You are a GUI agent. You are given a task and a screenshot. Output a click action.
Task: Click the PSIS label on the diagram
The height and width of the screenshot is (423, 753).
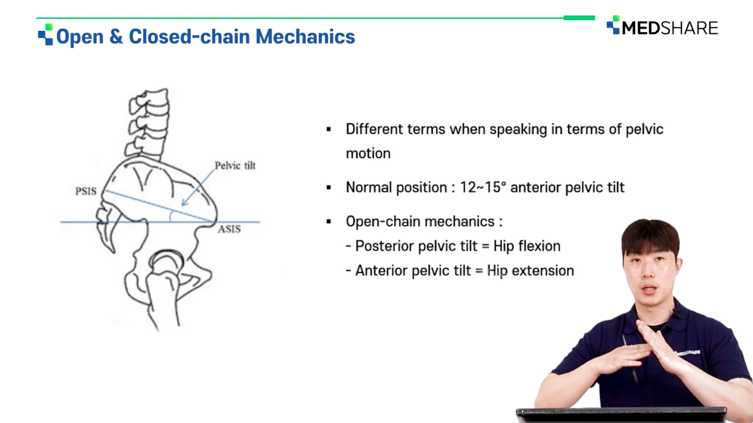(x=86, y=191)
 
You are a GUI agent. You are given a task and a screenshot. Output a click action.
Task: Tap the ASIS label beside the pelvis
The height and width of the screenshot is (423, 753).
(x=229, y=229)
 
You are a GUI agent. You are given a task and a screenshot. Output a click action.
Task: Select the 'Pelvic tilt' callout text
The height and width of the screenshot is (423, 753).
(x=235, y=165)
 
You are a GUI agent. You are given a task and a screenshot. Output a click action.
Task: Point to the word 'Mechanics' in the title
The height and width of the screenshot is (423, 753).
(x=305, y=37)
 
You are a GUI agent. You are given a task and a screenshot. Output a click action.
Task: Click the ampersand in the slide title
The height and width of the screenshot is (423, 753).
(x=116, y=37)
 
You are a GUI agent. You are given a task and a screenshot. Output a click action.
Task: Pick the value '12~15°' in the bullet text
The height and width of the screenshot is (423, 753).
(x=483, y=187)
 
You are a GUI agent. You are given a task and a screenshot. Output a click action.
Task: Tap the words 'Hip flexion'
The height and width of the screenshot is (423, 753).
(x=527, y=246)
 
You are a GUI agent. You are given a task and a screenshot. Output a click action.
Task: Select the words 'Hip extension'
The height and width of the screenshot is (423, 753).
(x=530, y=270)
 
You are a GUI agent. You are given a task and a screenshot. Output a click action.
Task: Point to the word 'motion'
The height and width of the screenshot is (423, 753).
(x=369, y=153)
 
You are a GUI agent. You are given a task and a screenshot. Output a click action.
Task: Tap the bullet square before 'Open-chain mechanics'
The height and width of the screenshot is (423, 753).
(x=329, y=222)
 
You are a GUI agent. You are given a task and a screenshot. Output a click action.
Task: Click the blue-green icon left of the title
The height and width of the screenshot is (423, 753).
(x=45, y=35)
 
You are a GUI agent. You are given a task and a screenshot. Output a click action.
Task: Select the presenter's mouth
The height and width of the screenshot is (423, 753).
(x=649, y=290)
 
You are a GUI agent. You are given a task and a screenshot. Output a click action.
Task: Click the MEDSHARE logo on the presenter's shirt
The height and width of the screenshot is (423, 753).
(x=688, y=352)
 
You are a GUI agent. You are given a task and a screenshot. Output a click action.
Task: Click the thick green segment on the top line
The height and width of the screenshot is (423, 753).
(x=579, y=18)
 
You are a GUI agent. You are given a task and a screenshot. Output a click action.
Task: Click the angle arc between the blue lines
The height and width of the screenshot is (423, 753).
(x=171, y=216)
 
